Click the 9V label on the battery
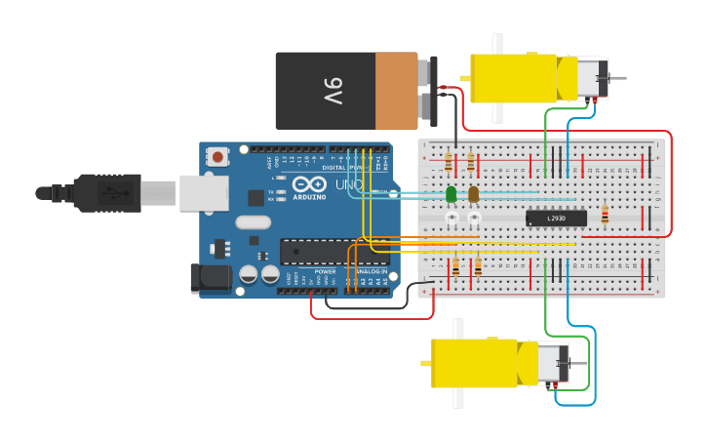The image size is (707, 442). tap(333, 92)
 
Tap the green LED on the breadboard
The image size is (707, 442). tap(451, 194)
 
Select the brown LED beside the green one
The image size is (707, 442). tap(474, 194)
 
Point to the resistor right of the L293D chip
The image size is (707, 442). tap(605, 215)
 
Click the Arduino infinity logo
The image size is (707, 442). tap(309, 183)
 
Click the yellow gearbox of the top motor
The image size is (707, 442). tap(514, 78)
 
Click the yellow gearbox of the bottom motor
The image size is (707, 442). tap(474, 362)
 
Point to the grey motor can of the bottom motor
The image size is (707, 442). tap(551, 363)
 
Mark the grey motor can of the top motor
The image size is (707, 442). tap(590, 78)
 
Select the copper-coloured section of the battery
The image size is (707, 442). tap(396, 91)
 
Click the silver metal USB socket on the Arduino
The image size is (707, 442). tap(203, 192)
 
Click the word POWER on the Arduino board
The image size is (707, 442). tap(325, 271)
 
